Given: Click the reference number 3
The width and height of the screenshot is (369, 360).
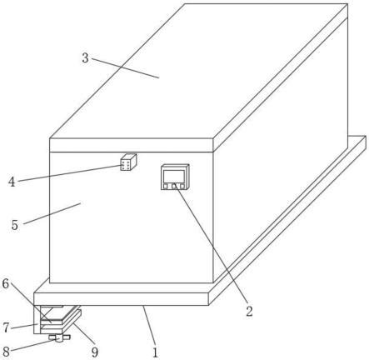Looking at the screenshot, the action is (85, 57).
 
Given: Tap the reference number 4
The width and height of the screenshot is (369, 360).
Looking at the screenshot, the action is (12, 182).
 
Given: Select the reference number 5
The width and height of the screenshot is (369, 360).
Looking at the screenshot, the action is (15, 225).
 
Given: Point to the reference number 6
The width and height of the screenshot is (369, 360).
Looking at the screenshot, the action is (6, 283).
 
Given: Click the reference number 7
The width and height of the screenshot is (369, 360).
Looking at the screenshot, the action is (6, 327).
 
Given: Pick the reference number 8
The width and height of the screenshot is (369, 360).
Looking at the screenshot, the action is (6, 352).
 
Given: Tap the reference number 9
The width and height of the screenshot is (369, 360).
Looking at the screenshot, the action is (95, 352).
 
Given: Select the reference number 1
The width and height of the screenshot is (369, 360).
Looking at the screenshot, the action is (155, 352).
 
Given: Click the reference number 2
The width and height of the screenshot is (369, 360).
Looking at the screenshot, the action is (249, 312).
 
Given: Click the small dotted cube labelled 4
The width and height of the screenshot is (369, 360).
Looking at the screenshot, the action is (128, 162).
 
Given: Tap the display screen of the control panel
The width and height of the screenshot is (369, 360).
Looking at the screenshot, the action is (174, 176).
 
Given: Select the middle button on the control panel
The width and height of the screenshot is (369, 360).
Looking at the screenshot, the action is (174, 186).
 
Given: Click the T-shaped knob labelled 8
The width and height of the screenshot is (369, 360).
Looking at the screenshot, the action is (59, 338).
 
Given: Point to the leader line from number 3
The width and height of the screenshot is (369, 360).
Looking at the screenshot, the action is (126, 68).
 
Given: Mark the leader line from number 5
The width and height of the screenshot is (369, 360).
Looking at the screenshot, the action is (52, 213).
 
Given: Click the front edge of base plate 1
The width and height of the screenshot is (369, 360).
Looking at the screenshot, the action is (121, 299).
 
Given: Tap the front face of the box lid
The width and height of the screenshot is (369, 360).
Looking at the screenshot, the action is (132, 145).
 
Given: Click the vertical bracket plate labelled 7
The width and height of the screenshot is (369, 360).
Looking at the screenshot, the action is (37, 319).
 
